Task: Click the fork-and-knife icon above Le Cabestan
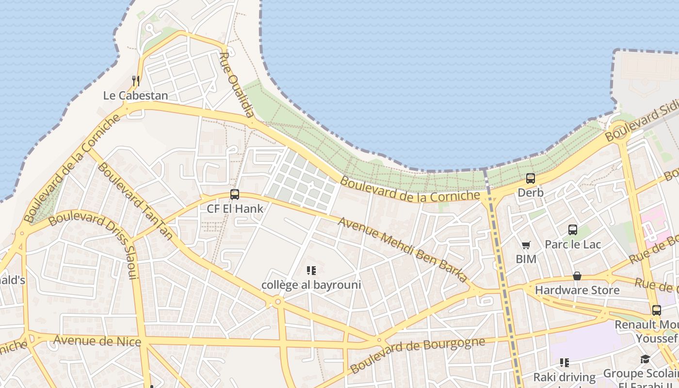tap(136, 81)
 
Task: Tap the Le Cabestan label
tap(136, 96)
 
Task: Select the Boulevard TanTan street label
tap(135, 201)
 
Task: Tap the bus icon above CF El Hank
tap(235, 194)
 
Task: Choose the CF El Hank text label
tap(235, 209)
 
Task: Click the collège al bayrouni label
tap(311, 285)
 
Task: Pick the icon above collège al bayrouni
tap(311, 270)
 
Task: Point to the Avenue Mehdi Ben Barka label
tap(403, 250)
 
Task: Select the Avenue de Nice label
tap(97, 340)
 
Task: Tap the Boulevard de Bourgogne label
tap(417, 355)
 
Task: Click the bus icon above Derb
tap(531, 178)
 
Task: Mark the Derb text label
tap(531, 193)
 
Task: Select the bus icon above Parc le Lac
tap(573, 230)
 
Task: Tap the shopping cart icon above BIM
tap(526, 245)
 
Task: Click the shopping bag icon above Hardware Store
tap(577, 276)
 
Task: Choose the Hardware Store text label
tap(577, 290)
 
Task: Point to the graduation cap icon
tap(645, 359)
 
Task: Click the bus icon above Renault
tap(656, 310)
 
